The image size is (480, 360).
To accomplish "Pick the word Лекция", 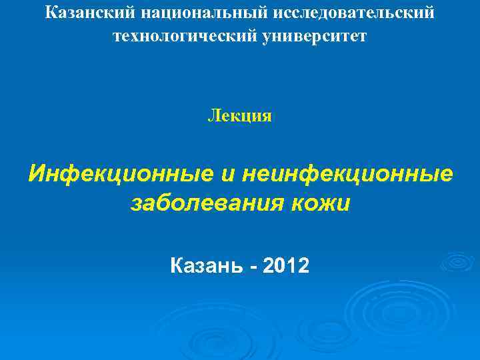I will click(239, 117).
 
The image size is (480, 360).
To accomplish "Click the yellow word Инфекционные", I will click(117, 174).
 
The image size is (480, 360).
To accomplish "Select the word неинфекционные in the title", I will click(347, 174).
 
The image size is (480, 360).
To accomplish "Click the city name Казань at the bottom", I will click(207, 266).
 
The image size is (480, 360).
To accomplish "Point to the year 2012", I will click(287, 266).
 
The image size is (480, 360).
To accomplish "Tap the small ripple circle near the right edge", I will click(457, 261).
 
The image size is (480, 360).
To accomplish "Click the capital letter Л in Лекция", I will click(213, 117).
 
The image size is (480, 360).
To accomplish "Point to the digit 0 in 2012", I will click(281, 266).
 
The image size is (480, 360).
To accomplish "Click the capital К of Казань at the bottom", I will click(177, 266).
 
